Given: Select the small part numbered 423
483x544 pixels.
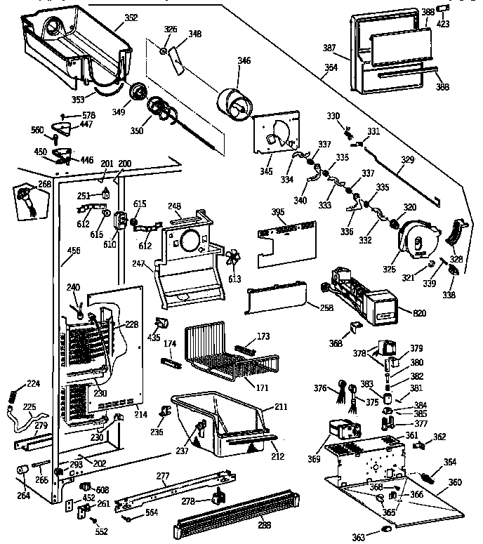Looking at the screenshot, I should pyautogui.click(x=443, y=8).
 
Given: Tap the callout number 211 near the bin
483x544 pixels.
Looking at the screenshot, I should pyautogui.click(x=281, y=406).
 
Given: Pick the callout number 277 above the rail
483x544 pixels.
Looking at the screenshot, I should pyautogui.click(x=163, y=477).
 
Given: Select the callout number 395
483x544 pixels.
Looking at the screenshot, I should pyautogui.click(x=279, y=211).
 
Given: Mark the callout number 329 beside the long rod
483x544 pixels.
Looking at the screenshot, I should pyautogui.click(x=407, y=161).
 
